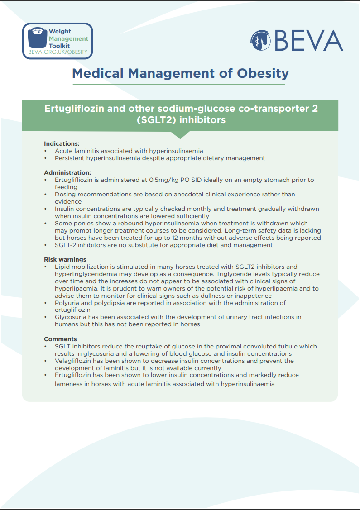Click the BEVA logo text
point(308,40)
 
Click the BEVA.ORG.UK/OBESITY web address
point(58,52)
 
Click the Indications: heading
point(62,143)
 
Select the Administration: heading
point(67,172)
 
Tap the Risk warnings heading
point(65,259)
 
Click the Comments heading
point(60,339)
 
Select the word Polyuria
point(67,303)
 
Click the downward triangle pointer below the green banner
point(180,135)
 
